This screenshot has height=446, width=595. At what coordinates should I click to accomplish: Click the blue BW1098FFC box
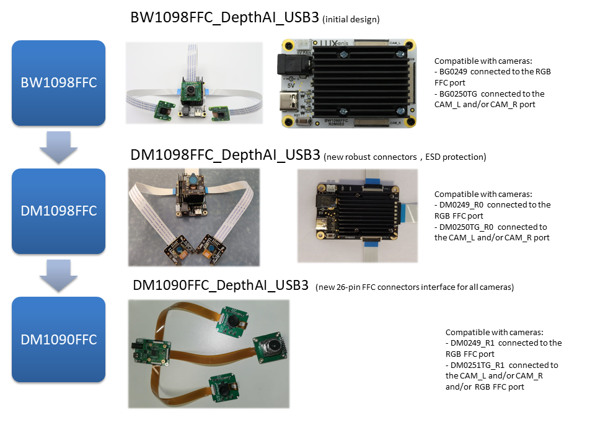(58, 83)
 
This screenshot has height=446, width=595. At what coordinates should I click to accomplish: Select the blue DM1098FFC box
(58, 211)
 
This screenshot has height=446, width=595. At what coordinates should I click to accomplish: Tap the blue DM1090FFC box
(58, 339)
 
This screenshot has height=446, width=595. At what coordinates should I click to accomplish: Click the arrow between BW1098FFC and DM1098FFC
(58, 147)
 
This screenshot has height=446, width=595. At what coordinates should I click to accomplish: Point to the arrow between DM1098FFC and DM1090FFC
(58, 276)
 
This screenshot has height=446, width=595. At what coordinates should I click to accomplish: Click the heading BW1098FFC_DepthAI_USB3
(225, 18)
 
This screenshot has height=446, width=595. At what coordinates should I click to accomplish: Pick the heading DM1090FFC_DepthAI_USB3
(221, 286)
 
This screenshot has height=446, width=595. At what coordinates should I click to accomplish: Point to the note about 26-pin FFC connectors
(414, 287)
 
